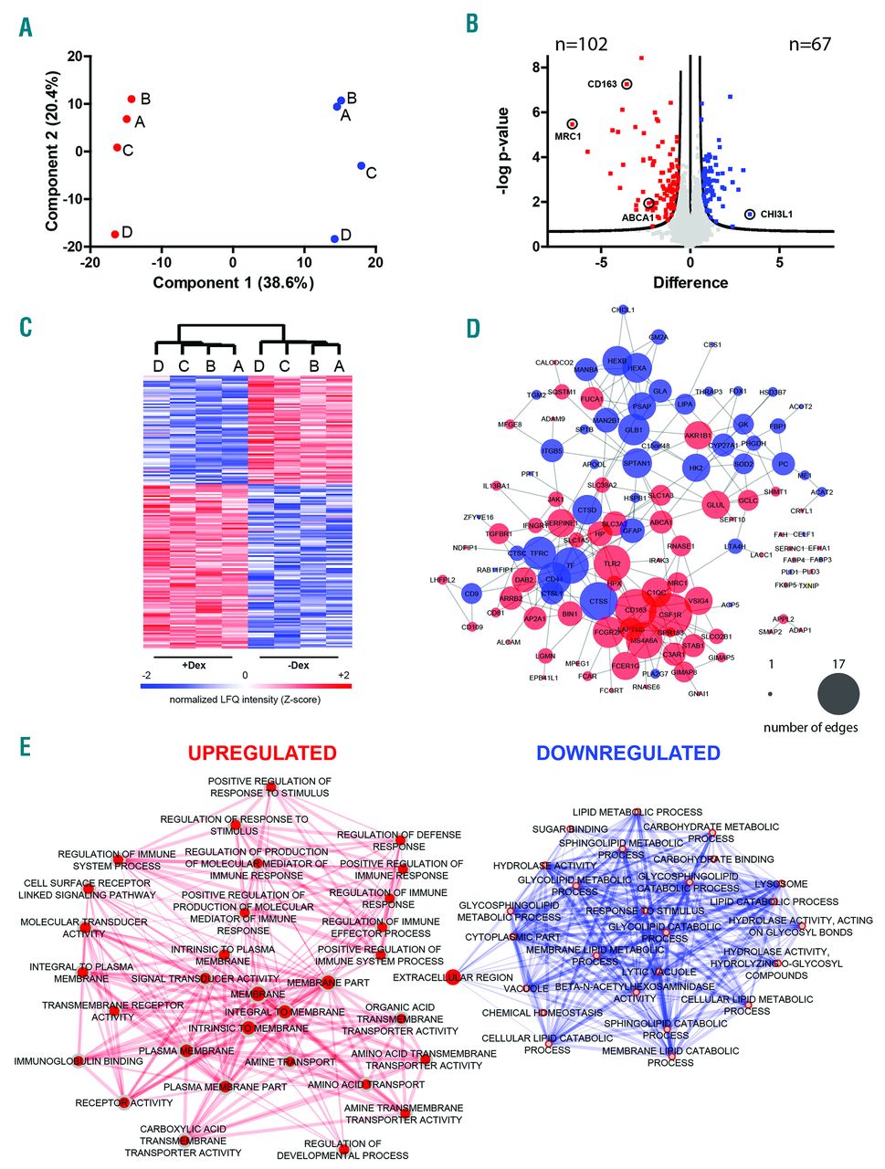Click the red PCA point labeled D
[115, 235]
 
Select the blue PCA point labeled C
[362, 166]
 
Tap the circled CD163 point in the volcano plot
[627, 84]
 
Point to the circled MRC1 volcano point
[572, 124]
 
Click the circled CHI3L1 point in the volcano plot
[750, 214]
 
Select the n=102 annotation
[582, 44]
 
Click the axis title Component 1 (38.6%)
[233, 282]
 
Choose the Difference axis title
[690, 282]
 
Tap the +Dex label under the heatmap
[194, 665]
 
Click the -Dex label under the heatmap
[299, 665]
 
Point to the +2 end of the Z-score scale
[342, 675]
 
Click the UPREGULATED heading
[262, 753]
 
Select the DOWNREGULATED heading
[627, 753]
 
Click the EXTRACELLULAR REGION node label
[452, 977]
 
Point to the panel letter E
[26, 747]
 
